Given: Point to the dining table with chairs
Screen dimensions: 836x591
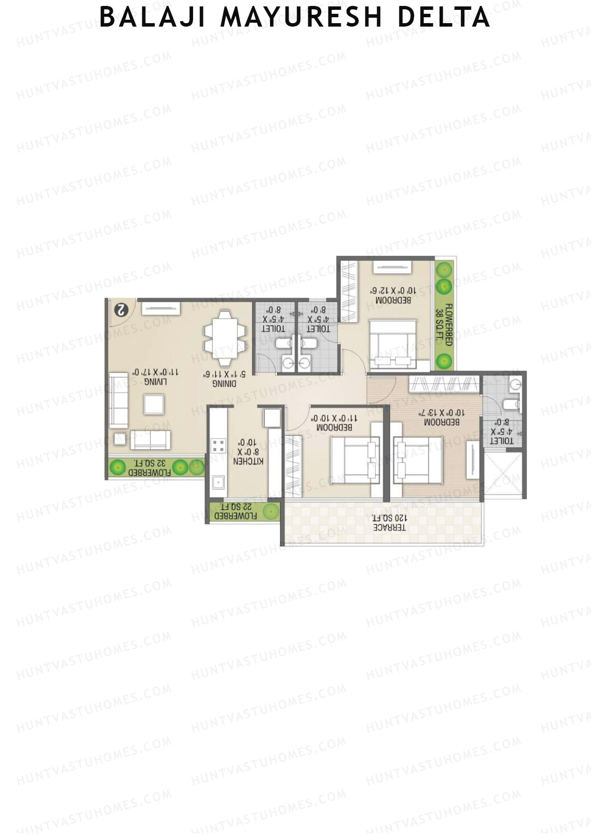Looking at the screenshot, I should (225, 338).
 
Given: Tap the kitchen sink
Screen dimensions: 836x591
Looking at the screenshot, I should (217, 481).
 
